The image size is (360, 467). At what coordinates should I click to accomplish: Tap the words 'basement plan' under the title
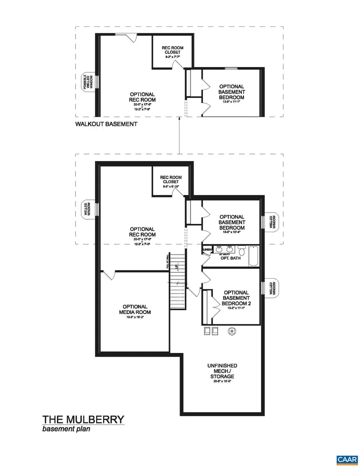[x=66, y=429]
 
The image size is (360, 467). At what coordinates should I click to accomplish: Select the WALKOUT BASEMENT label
[x=106, y=124]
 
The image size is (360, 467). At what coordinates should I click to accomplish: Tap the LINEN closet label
[x=207, y=249]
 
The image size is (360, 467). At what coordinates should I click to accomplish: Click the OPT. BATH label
[x=231, y=258]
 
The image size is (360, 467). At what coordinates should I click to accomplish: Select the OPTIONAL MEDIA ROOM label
[x=135, y=310]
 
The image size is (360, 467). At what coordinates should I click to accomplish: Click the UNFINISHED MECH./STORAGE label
[x=222, y=371]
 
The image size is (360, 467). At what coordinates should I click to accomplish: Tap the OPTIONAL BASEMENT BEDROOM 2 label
[x=236, y=298]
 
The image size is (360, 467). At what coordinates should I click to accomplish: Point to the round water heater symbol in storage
[x=232, y=331]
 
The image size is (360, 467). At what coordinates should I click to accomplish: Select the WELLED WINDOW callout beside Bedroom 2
[x=272, y=288]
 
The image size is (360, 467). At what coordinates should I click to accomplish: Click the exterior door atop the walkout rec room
[x=129, y=38]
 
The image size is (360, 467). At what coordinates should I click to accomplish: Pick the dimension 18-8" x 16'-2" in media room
[x=135, y=318]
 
